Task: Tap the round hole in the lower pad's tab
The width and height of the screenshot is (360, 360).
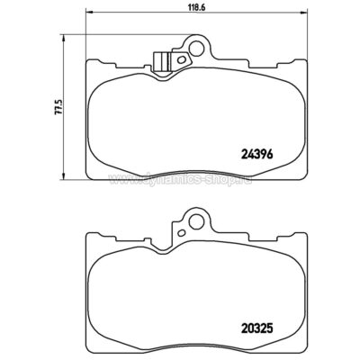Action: coord(193,219)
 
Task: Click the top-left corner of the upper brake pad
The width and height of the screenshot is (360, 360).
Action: coord(85,62)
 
